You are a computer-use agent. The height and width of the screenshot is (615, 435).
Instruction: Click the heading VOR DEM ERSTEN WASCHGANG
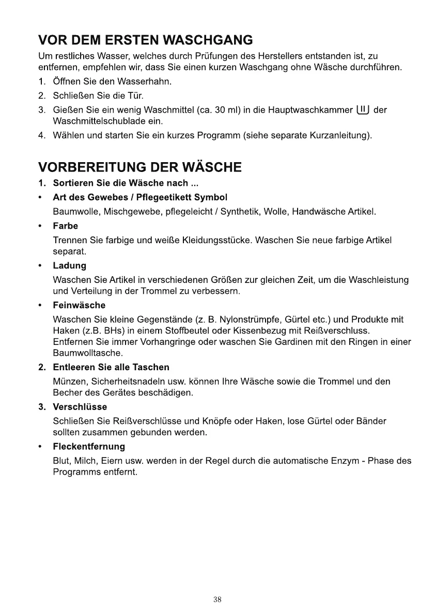[145, 40]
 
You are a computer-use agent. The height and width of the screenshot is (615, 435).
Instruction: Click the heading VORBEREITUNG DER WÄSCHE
[139, 167]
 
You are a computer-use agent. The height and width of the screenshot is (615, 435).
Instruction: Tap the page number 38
[217, 600]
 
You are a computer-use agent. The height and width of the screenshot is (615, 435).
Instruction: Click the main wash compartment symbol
[362, 109]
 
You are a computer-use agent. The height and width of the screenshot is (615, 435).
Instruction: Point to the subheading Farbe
[66, 226]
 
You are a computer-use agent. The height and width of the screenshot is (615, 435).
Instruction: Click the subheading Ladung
[70, 265]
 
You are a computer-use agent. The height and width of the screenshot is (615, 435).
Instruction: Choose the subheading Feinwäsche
[79, 305]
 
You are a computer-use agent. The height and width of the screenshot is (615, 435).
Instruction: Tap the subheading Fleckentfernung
[89, 446]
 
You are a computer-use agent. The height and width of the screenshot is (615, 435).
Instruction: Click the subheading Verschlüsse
[80, 407]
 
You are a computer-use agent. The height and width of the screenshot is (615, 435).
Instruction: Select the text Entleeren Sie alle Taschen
[111, 367]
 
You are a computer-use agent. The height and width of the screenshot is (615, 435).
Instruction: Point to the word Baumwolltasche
[88, 353]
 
